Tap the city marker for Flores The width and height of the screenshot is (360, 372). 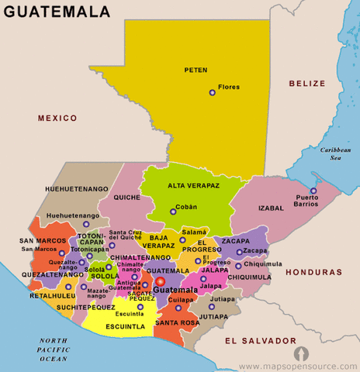click(x=212, y=93)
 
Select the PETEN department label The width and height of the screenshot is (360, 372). click(x=196, y=71)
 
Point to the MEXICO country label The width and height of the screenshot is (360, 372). click(x=57, y=118)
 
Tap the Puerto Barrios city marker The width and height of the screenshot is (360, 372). click(x=313, y=191)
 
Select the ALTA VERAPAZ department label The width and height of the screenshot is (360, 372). click(x=193, y=186)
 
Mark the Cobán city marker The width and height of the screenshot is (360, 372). click(x=172, y=211)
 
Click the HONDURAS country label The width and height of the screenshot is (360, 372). click(x=313, y=273)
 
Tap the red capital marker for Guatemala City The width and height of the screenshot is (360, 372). click(x=161, y=282)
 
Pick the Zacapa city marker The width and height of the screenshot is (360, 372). click(x=239, y=252)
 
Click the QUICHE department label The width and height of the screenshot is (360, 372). click(x=126, y=197)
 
